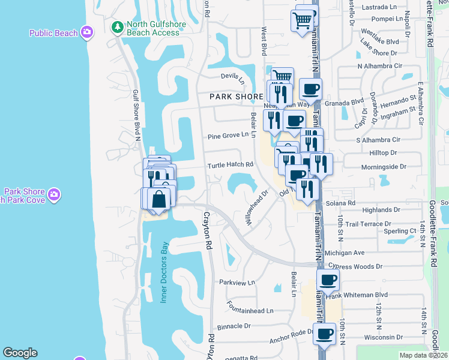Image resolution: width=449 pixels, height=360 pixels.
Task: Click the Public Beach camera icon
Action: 87,32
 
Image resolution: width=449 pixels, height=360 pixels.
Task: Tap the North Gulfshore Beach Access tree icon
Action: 118,27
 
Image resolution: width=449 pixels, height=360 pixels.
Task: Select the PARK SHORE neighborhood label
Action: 236,96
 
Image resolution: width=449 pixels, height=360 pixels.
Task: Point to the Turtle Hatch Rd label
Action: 231,165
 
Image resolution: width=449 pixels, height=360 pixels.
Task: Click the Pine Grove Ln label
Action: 228,136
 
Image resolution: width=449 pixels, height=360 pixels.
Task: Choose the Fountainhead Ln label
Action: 250,311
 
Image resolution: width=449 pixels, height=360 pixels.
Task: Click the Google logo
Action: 20,353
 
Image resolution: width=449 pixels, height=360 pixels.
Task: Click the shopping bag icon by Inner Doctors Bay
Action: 160,198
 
